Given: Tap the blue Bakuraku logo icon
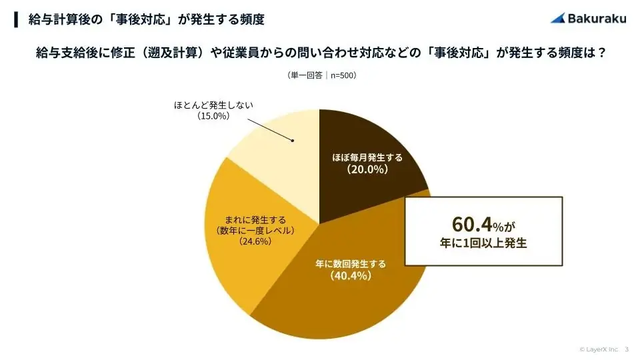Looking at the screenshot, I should [x=558, y=18].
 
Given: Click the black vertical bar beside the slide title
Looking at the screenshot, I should [x=16, y=19].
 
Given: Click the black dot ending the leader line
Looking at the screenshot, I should [x=293, y=140].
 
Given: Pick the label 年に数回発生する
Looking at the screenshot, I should [x=351, y=263].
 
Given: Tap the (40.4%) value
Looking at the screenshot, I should [x=351, y=275].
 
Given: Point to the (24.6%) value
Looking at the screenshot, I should [x=255, y=241].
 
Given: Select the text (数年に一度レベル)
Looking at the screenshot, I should [x=255, y=230].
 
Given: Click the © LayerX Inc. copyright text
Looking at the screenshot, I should [x=599, y=349].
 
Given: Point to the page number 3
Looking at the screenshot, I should [x=627, y=349].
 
